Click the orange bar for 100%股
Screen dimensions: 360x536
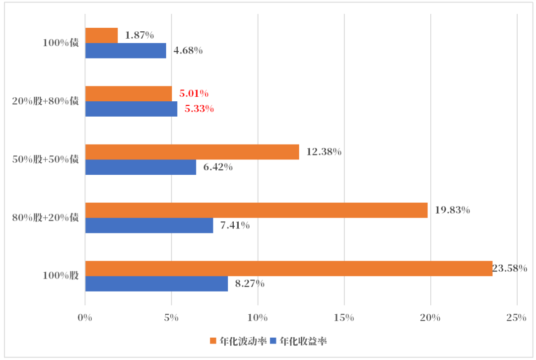point(288,269)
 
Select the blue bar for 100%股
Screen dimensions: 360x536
point(156,284)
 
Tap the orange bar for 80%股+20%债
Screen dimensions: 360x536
point(256,211)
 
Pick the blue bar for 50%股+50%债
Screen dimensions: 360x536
point(140,167)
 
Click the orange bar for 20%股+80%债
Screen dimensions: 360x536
point(129,94)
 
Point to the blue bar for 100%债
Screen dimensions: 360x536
point(126,51)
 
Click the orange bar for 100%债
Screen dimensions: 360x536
point(101,35)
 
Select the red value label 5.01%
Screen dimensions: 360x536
point(194,93)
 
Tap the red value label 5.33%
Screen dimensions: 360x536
point(199,109)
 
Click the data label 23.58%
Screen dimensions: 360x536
point(510,269)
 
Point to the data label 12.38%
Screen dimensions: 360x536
point(324,152)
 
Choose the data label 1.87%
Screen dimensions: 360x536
point(139,35)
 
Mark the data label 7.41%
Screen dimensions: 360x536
point(235,225)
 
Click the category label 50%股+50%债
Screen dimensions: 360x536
point(46,159)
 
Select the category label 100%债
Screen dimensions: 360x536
point(61,43)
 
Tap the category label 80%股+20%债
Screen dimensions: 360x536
point(46,217)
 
